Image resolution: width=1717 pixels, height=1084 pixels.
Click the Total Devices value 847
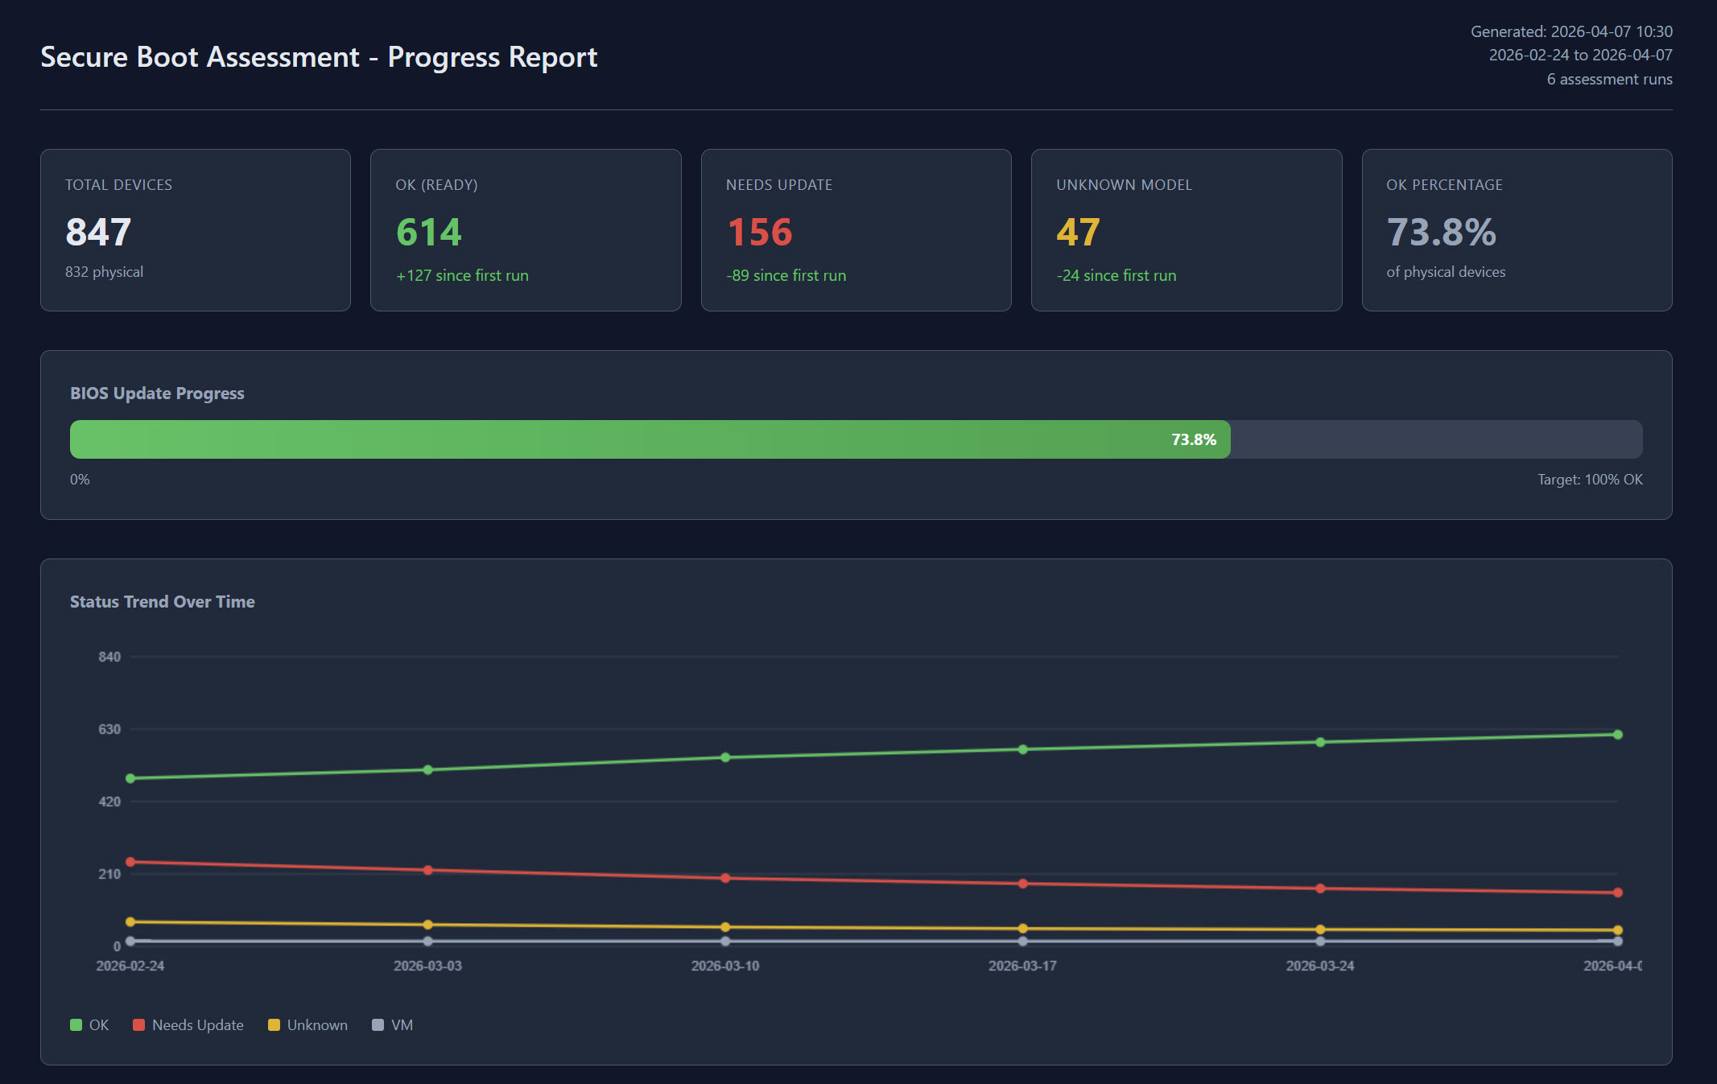98,233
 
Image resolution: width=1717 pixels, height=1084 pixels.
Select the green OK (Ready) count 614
428,233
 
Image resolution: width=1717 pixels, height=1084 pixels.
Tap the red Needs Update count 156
760,233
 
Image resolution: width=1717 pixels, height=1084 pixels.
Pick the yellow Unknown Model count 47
1078,233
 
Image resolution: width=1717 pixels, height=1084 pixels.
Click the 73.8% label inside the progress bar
1193,439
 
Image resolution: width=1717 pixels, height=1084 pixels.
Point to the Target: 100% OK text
1589,480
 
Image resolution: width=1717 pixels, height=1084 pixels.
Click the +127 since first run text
462,275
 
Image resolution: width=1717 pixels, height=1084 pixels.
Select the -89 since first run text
786,275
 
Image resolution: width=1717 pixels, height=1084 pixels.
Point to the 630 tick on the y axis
109,729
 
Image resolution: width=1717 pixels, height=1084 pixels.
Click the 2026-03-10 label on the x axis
724,966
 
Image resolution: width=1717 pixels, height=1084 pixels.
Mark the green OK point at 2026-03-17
1022,749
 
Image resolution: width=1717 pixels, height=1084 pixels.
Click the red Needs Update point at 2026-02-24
130,862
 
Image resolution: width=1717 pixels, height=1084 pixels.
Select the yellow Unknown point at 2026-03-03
427,925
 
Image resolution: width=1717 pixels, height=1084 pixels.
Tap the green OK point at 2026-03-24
1320,742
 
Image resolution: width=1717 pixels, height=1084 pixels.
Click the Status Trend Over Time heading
162,602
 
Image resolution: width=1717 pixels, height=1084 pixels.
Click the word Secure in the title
84,57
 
